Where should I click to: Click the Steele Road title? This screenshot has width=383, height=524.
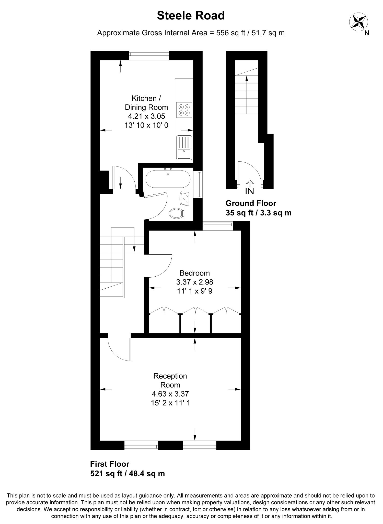tap(191, 16)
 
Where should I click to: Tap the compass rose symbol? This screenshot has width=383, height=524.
tap(358, 21)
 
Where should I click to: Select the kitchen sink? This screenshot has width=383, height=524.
tap(184, 148)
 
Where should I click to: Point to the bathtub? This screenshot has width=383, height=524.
tap(168, 179)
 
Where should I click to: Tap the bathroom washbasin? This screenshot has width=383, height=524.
tap(184, 199)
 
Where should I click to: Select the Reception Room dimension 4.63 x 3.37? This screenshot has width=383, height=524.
tap(170, 394)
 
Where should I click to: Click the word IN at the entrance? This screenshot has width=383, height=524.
tap(249, 191)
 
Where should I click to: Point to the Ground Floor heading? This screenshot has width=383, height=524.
tap(251, 203)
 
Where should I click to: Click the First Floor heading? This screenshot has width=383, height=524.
tap(110, 464)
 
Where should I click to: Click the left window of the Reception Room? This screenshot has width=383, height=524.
tap(141, 445)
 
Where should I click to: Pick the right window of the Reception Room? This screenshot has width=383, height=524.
tap(199, 445)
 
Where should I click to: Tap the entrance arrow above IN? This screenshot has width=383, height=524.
tap(249, 183)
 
